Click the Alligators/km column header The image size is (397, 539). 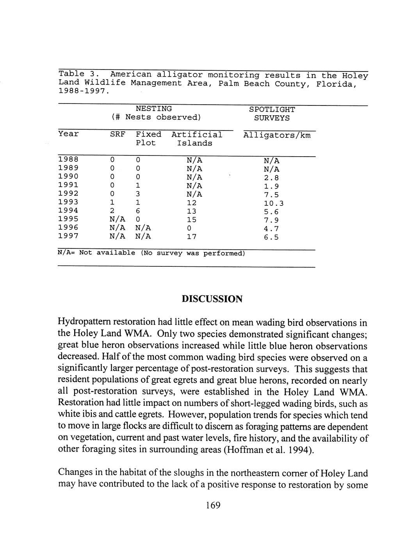(277, 136)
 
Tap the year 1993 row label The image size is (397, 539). (68, 202)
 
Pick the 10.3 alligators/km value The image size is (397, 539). (273, 203)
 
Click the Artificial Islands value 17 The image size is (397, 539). (191, 237)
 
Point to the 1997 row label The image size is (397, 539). (68, 236)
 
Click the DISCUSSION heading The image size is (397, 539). (212, 299)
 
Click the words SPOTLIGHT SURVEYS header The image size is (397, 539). (272, 114)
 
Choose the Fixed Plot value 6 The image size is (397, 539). (138, 211)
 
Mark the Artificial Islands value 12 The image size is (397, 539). (191, 203)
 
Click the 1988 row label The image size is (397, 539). (68, 159)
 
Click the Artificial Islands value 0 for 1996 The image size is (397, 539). (189, 228)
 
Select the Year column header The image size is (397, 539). (68, 134)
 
